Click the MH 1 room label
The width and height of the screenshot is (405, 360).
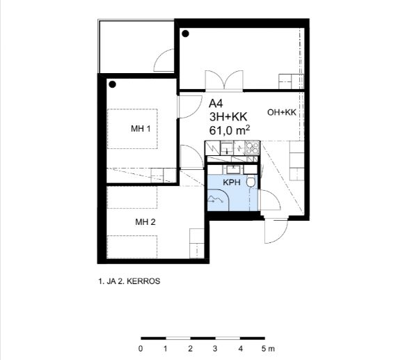click(141, 128)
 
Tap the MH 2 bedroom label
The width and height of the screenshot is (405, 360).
click(145, 221)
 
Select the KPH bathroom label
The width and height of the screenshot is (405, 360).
click(232, 182)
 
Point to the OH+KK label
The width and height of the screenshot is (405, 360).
click(282, 112)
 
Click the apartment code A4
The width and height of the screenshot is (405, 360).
click(216, 104)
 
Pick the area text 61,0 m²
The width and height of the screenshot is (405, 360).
click(230, 130)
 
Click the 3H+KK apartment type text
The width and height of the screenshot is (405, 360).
click(228, 117)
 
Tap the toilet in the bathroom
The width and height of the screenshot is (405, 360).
click(251, 182)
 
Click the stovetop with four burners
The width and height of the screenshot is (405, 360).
click(252, 148)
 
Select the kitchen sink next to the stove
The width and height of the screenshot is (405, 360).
click(228, 148)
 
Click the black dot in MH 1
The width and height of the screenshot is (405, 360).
click(112, 84)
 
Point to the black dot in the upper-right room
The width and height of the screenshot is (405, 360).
click(186, 33)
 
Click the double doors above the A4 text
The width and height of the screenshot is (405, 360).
click(224, 81)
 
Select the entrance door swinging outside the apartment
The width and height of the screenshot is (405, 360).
click(276, 231)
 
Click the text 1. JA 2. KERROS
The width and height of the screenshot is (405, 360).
click(129, 281)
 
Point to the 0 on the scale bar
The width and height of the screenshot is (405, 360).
click(141, 349)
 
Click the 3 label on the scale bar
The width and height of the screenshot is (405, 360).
click(215, 349)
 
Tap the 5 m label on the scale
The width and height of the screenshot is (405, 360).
click(268, 349)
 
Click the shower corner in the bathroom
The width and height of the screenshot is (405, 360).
click(219, 200)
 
